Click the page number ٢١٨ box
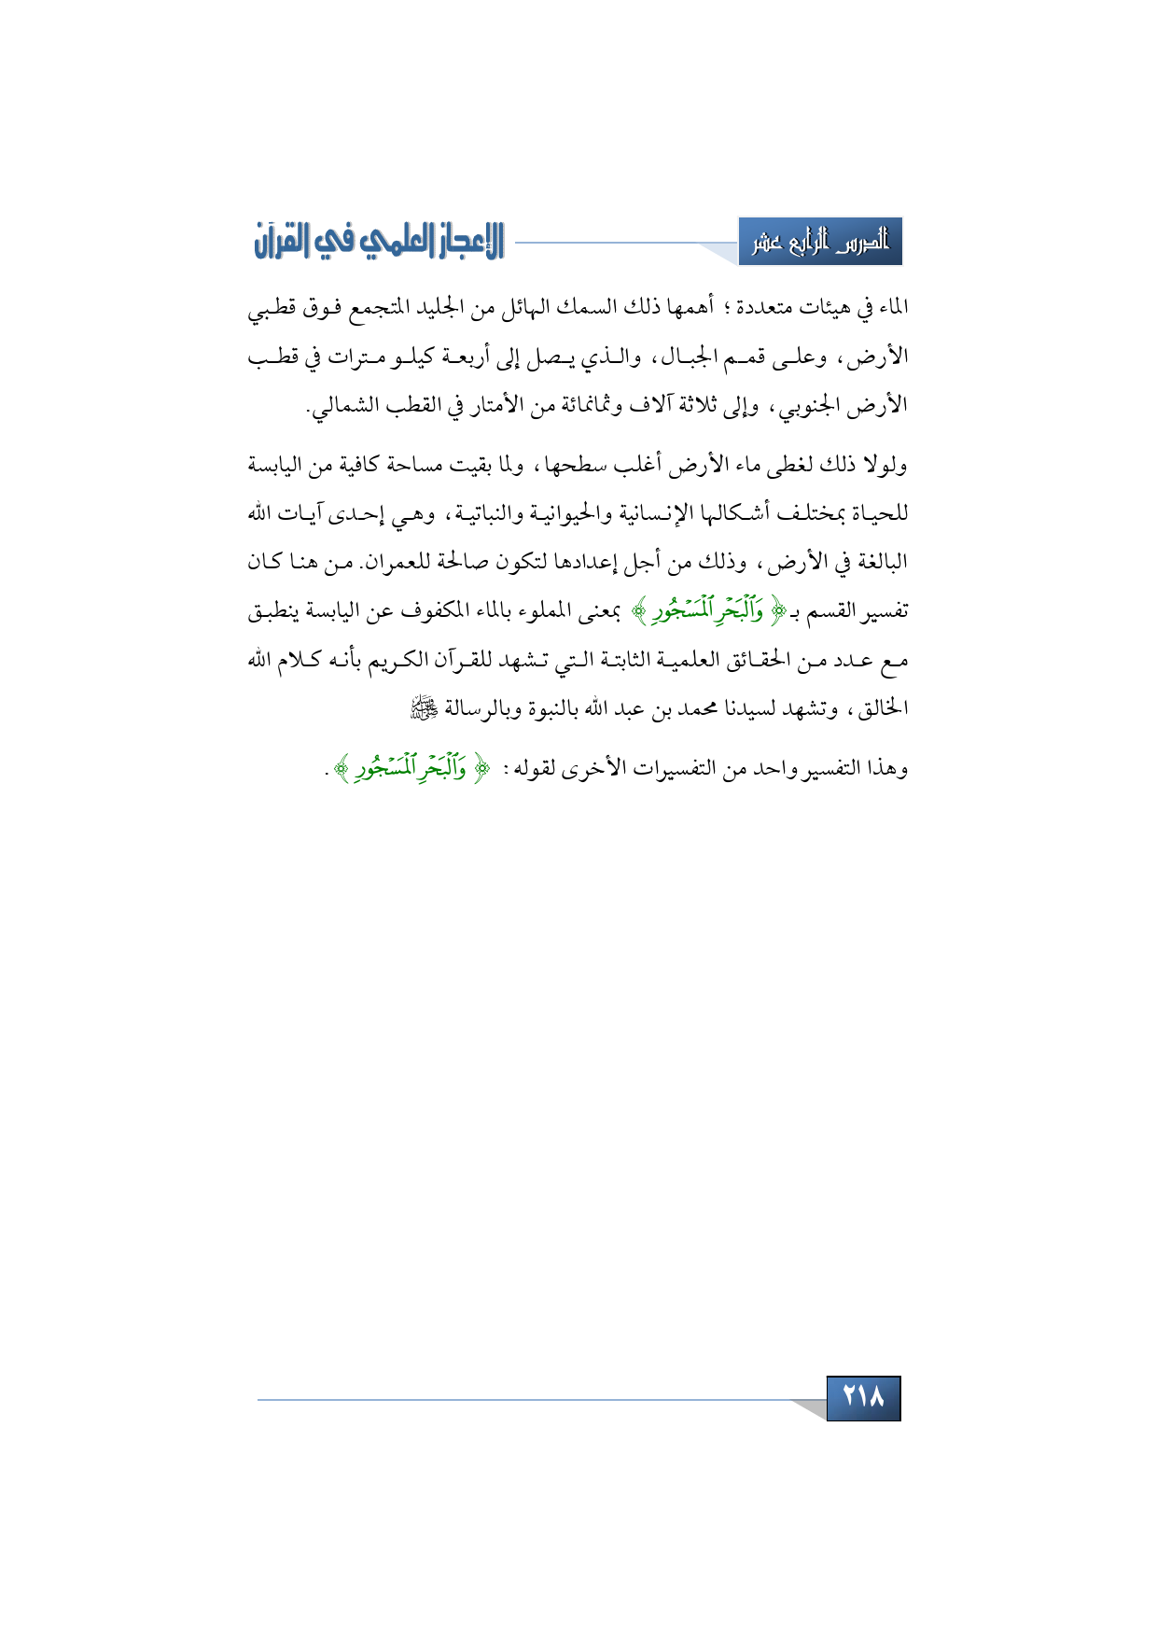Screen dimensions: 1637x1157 pyautogui.click(x=863, y=1397)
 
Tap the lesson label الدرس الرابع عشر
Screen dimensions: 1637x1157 pyautogui.click(x=820, y=243)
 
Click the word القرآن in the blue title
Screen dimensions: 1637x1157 pyautogui.click(x=281, y=242)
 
